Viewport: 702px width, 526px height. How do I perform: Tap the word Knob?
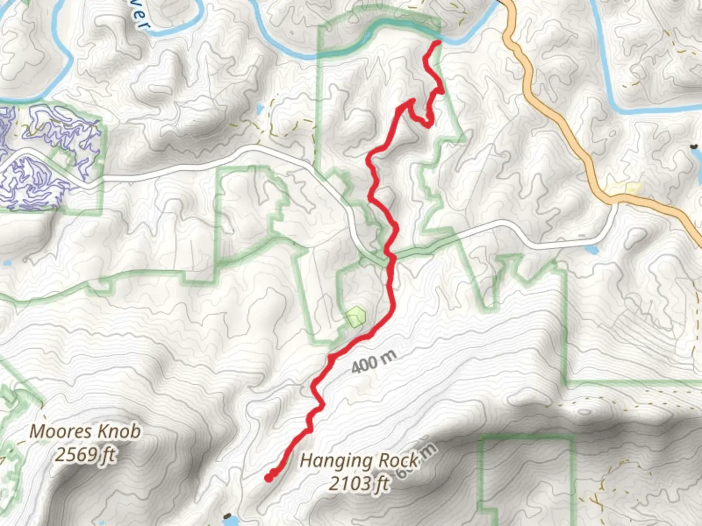point(118,432)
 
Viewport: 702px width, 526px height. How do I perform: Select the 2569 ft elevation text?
point(85,455)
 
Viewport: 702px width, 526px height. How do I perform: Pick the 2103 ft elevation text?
point(359,484)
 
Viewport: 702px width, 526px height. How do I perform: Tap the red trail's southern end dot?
point(269,478)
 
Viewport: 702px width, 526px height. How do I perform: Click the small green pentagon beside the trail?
point(356,317)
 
